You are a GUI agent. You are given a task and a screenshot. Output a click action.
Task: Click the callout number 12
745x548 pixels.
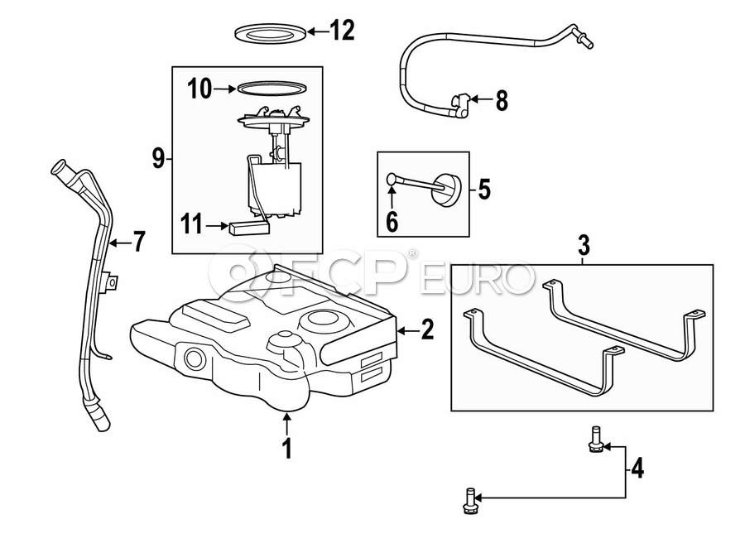point(342,31)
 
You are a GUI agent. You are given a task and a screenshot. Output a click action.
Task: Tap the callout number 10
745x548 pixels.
point(200,89)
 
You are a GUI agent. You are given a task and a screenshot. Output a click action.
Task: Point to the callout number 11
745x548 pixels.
point(192,224)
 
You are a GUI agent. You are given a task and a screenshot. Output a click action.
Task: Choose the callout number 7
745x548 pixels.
point(138,242)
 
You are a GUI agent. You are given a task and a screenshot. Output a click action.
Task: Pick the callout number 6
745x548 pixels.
point(392,221)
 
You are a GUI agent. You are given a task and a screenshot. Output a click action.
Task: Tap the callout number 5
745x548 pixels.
point(484,190)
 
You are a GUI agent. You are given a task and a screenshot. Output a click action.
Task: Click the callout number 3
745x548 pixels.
point(584,246)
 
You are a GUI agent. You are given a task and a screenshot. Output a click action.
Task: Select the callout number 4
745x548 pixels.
point(636,469)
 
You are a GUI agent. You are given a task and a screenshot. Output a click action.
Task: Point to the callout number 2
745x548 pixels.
point(426,331)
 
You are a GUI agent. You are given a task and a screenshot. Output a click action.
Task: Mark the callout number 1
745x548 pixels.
point(286,449)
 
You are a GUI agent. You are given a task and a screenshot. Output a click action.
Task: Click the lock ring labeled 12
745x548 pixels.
point(268,32)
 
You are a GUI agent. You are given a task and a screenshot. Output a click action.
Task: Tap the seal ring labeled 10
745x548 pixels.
point(268,86)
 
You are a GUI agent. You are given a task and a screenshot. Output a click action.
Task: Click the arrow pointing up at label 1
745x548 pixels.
point(286,422)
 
